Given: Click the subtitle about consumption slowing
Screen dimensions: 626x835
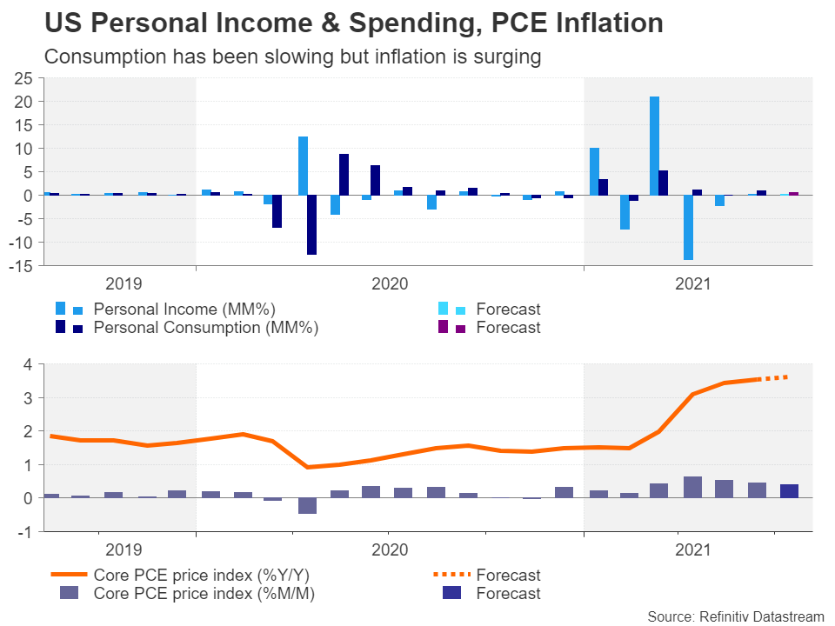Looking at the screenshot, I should click(292, 57).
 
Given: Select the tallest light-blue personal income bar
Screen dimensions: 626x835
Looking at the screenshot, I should click(654, 145).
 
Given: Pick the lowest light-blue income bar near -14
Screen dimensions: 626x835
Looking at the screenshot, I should click(688, 227).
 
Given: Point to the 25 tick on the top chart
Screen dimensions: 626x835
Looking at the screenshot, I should click(23, 78).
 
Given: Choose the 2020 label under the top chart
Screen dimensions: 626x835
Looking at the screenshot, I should click(390, 283).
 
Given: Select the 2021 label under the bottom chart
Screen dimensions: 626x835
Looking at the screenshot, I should click(693, 549).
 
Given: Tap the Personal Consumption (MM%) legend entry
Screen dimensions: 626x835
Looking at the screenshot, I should click(205, 328).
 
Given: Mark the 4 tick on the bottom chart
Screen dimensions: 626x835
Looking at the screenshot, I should click(29, 364).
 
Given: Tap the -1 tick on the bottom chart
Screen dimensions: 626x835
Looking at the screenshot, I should click(26, 531).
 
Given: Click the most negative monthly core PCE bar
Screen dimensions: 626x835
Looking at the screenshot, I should click(306, 506).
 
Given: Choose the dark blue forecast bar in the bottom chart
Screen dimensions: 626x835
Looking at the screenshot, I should click(789, 490).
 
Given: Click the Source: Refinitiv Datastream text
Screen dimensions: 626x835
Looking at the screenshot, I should click(736, 616).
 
